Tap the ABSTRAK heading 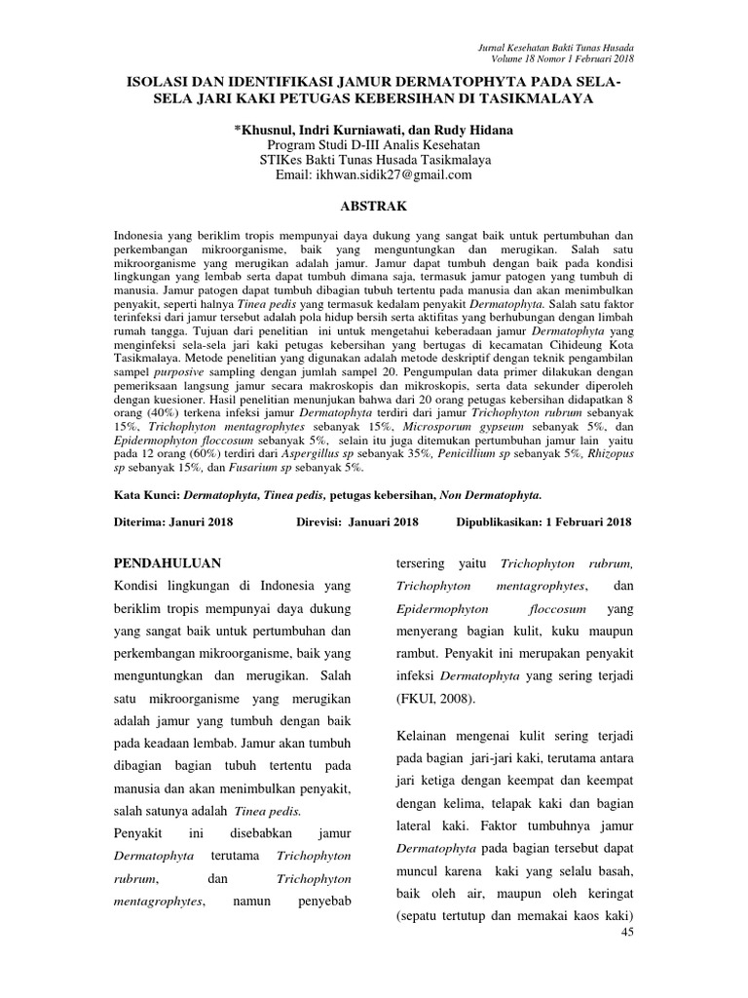374,207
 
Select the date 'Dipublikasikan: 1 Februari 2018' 543,521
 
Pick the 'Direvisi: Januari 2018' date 356,521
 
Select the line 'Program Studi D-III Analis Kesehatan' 374,144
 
